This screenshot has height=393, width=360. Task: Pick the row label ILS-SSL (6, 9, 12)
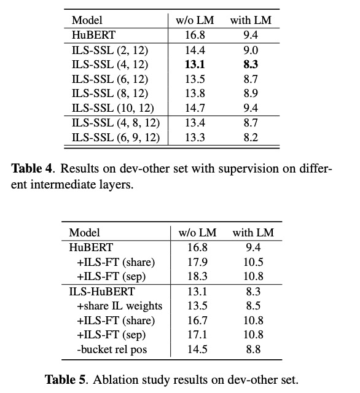115,138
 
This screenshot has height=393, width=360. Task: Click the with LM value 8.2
250,138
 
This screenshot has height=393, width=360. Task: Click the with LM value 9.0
250,49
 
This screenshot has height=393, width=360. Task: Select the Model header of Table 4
87,20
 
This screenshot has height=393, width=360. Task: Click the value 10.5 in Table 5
252,262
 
